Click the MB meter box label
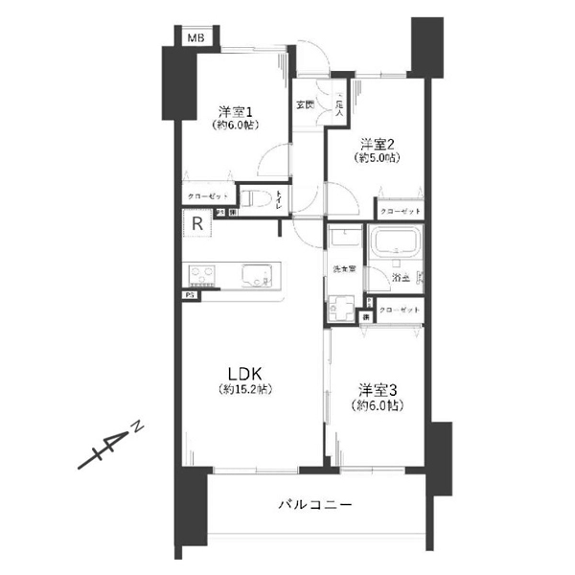[x=195, y=38]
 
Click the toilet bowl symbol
[x=251, y=200]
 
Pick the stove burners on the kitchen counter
[x=204, y=278]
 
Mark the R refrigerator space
[x=195, y=225]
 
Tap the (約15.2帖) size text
[x=243, y=391]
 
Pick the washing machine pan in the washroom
[x=342, y=310]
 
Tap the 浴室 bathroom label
[x=401, y=277]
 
